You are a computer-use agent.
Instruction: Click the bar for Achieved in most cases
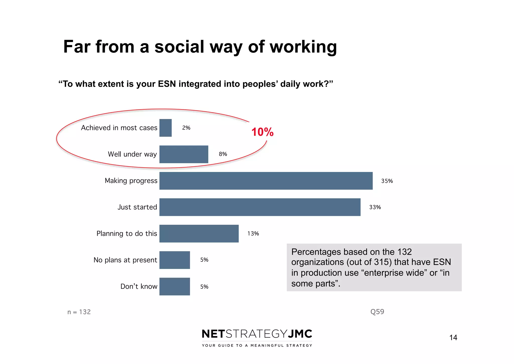(165, 128)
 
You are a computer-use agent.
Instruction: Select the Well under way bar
(184, 154)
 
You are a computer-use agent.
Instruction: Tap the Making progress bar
(266, 181)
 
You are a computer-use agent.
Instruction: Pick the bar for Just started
(260, 207)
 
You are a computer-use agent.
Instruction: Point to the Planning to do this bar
(199, 234)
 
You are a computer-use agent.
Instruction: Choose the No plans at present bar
(174, 260)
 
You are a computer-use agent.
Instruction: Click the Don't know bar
(174, 286)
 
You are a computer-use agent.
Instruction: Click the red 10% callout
(262, 132)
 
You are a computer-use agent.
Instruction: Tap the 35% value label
(387, 181)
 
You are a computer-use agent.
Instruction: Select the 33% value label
(375, 207)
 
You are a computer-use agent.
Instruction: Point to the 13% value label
(253, 234)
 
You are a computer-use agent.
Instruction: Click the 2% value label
(186, 128)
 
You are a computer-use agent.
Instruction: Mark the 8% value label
(223, 154)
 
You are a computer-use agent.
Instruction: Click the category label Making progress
(131, 181)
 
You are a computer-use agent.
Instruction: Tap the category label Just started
(137, 207)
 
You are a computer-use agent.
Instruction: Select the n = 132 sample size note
(79, 312)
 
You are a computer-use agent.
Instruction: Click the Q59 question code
(377, 312)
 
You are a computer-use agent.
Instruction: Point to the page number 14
(453, 338)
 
